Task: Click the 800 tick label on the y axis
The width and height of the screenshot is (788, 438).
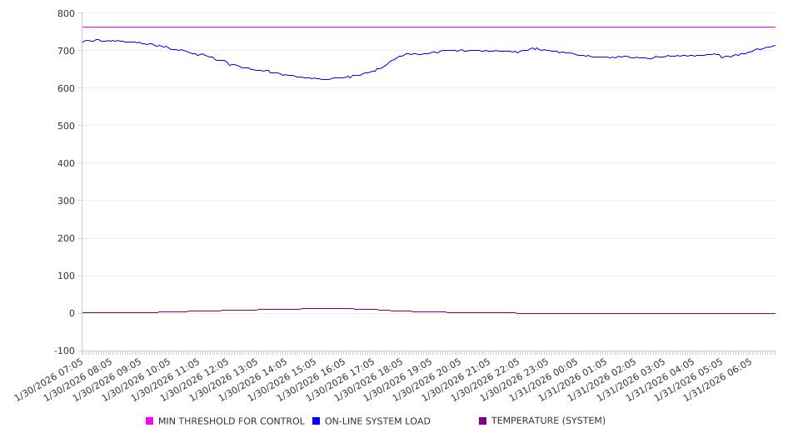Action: coord(66,13)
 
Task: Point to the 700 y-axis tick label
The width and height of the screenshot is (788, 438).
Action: coord(66,51)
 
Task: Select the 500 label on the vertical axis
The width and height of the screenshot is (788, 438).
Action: coord(66,126)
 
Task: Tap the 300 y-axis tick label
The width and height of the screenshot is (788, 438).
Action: coord(66,201)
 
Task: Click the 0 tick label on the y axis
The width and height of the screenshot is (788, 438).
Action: coord(71,313)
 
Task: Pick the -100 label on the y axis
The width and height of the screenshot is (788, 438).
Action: coord(62,351)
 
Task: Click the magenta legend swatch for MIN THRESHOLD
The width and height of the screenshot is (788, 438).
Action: coord(150,421)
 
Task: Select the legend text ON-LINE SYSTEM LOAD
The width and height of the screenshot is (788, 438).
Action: coord(377,421)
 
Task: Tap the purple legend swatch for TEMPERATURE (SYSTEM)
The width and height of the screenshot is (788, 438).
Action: coord(483,421)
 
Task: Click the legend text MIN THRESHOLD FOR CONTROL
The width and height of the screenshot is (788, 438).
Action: coord(232,421)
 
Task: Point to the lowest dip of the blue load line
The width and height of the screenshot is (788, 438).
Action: coord(325,79)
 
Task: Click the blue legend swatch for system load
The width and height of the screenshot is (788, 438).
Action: coord(317,421)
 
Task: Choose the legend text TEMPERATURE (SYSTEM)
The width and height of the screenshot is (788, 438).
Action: coord(548,421)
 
